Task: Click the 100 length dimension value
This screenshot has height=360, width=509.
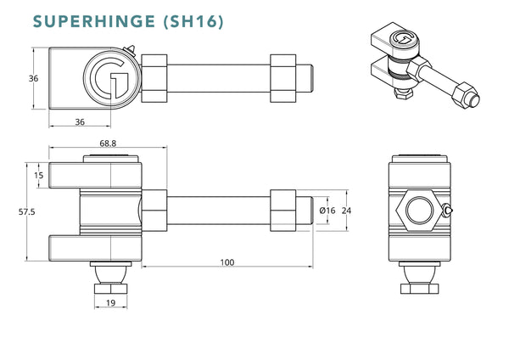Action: (227, 262)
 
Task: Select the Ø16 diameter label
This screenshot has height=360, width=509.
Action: (329, 210)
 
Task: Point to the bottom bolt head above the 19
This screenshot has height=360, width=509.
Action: (111, 286)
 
